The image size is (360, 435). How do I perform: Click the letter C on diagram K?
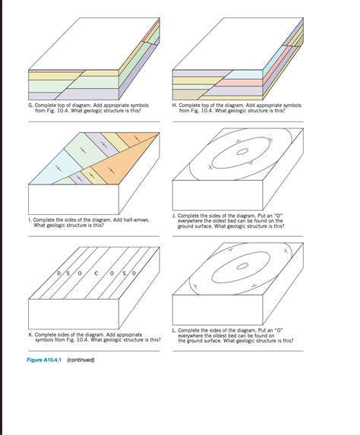[96, 273]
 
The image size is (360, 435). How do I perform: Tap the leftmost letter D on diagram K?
[58, 273]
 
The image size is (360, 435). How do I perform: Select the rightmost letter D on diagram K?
[134, 273]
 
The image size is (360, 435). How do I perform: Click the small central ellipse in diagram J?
[242, 152]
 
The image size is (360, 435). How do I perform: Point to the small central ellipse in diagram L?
[242, 266]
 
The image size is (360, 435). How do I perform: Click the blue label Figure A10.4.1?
[44, 360]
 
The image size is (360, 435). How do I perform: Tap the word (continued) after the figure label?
[81, 360]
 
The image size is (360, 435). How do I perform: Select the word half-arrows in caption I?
[137, 220]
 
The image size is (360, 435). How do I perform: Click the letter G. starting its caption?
[31, 106]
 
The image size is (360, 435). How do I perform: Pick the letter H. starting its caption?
[175, 106]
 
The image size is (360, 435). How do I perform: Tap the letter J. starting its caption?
[174, 216]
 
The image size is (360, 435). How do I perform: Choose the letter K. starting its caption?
[31, 335]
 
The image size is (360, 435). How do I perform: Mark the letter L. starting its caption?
[174, 330]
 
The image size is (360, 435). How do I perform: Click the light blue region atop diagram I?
[57, 169]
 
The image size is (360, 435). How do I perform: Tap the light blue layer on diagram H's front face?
[245, 74]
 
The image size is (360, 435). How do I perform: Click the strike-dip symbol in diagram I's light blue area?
[58, 169]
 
